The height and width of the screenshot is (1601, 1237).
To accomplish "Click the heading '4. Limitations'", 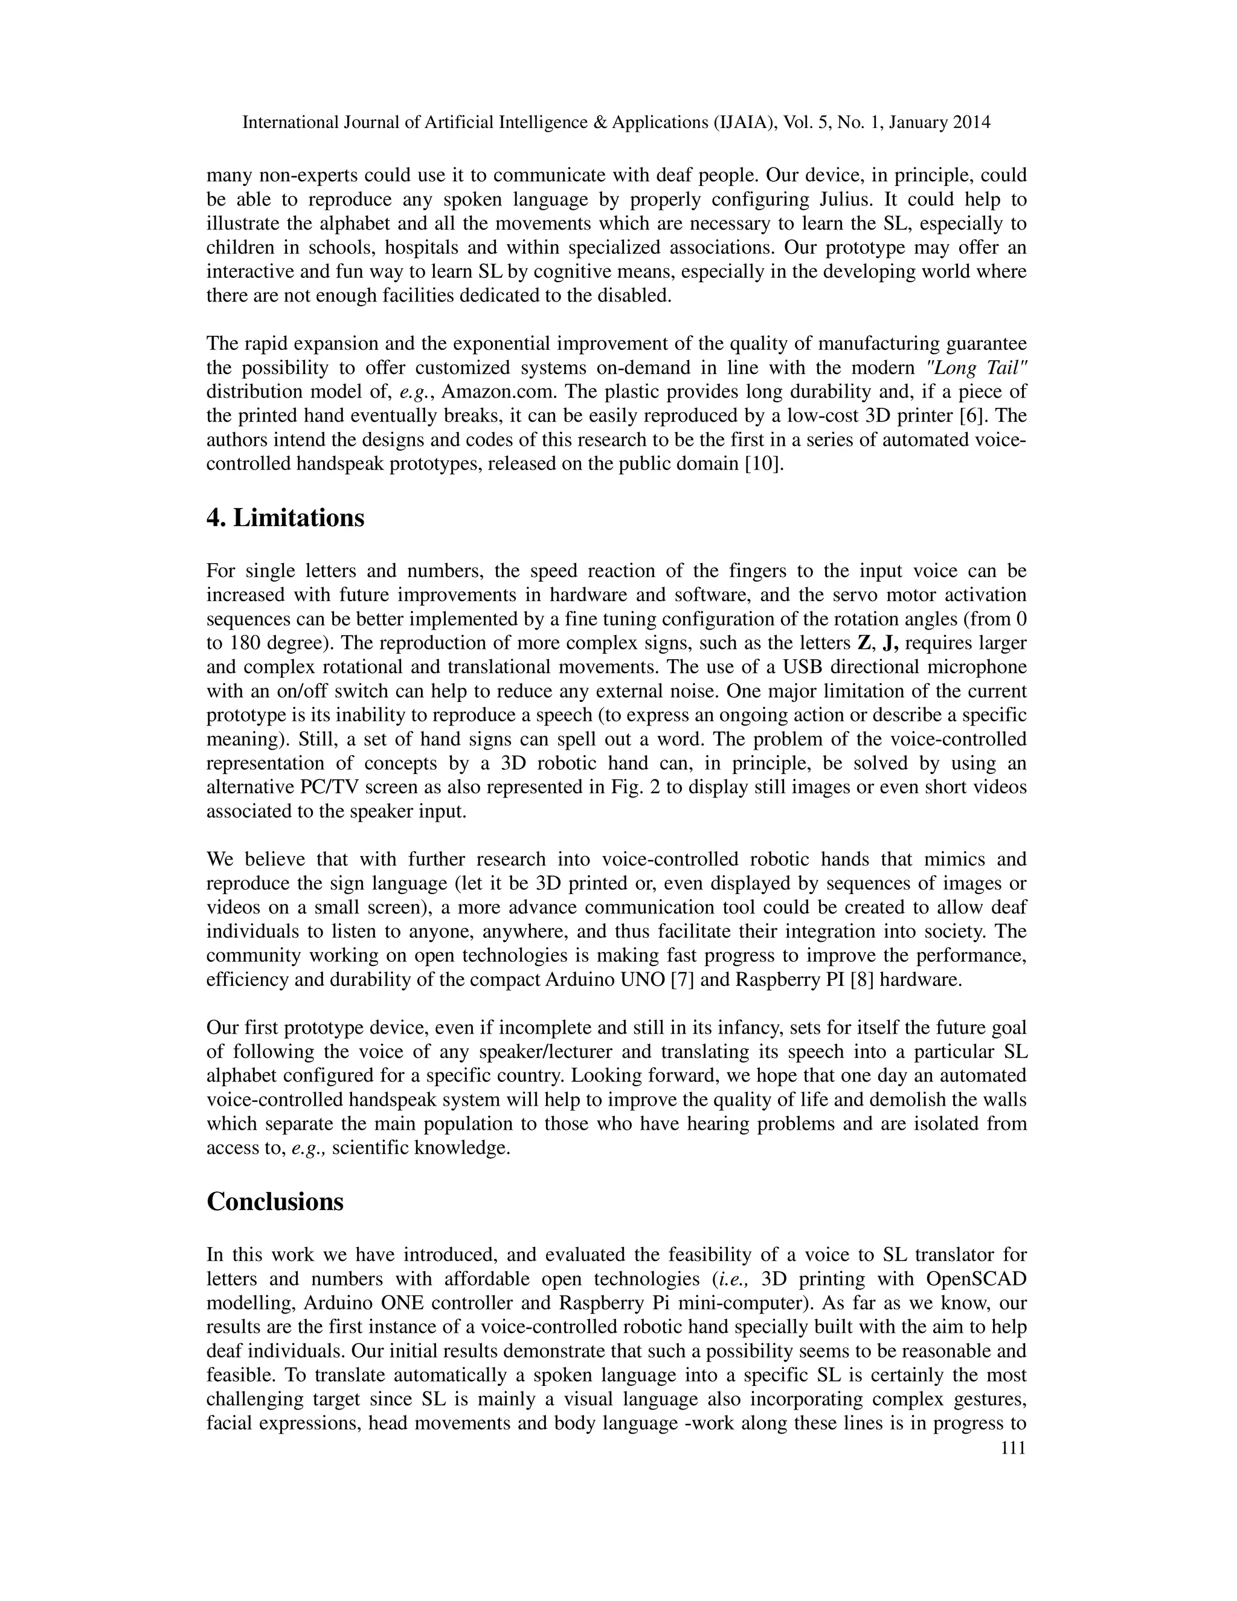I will (285, 518).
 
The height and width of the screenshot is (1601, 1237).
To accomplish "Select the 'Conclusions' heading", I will (275, 1202).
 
